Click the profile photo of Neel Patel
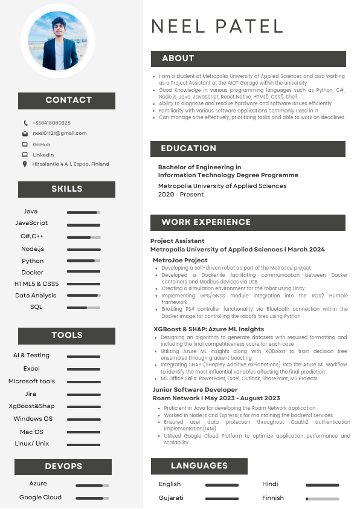(58, 42)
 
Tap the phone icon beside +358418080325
(25, 123)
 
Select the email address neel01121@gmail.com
(60, 133)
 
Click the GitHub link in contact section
(41, 144)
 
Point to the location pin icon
(25, 164)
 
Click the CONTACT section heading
(68, 100)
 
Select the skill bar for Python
(83, 261)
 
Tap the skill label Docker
(32, 272)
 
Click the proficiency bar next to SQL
(83, 308)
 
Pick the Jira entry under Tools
(31, 394)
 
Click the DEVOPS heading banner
(63, 467)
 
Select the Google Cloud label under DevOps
(40, 498)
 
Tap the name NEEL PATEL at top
(217, 26)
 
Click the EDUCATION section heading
(188, 148)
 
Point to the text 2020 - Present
(181, 195)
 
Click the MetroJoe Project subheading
(180, 260)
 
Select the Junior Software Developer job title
(195, 389)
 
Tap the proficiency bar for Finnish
(322, 499)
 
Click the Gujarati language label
(171, 498)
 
